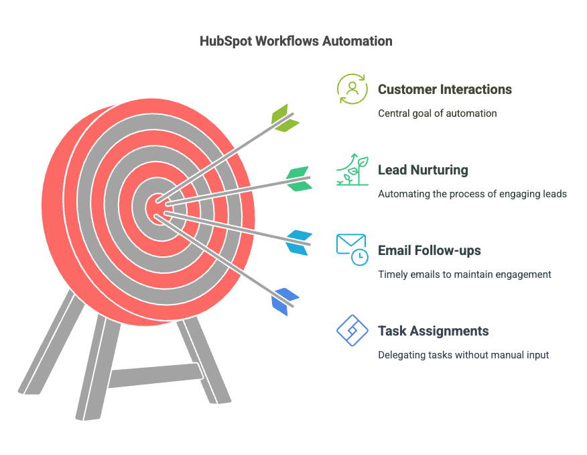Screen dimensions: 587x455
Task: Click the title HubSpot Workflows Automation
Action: pos(296,41)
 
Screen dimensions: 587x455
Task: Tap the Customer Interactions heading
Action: pos(445,89)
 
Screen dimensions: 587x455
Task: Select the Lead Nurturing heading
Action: pos(423,170)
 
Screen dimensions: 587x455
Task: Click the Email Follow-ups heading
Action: pos(430,250)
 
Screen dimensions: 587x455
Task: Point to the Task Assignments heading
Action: pos(433,331)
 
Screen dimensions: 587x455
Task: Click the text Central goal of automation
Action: pos(438,113)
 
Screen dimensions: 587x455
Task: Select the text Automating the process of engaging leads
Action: pos(472,194)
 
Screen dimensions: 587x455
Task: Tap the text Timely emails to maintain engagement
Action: pos(464,274)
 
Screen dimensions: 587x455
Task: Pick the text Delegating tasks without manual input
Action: pos(463,355)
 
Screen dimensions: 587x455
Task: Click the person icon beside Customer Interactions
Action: pos(352,89)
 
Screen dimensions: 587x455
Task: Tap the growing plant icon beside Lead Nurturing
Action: pos(352,169)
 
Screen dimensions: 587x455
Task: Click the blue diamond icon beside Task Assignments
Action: pos(352,331)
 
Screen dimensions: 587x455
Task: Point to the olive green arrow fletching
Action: pos(285,118)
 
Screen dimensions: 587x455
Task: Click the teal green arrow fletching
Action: pos(299,179)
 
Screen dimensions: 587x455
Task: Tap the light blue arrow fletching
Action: pos(299,243)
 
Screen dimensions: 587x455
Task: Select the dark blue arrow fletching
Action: pos(285,302)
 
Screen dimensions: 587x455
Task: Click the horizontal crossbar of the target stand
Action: pos(155,374)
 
